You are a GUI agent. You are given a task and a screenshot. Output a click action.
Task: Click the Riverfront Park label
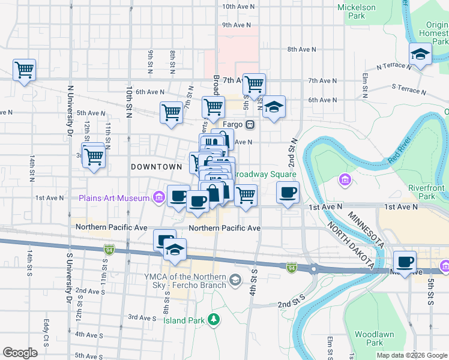426,191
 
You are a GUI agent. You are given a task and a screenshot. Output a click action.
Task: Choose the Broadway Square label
264,173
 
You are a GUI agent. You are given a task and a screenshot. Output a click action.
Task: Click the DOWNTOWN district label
156,166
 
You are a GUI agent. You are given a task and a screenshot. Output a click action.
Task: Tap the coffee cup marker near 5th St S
405,262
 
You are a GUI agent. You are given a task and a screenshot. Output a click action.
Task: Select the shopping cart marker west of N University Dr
24,70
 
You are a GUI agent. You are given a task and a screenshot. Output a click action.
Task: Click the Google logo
20,353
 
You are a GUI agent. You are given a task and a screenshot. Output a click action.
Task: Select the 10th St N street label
129,100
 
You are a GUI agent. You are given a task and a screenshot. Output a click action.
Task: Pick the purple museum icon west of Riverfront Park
345,179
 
